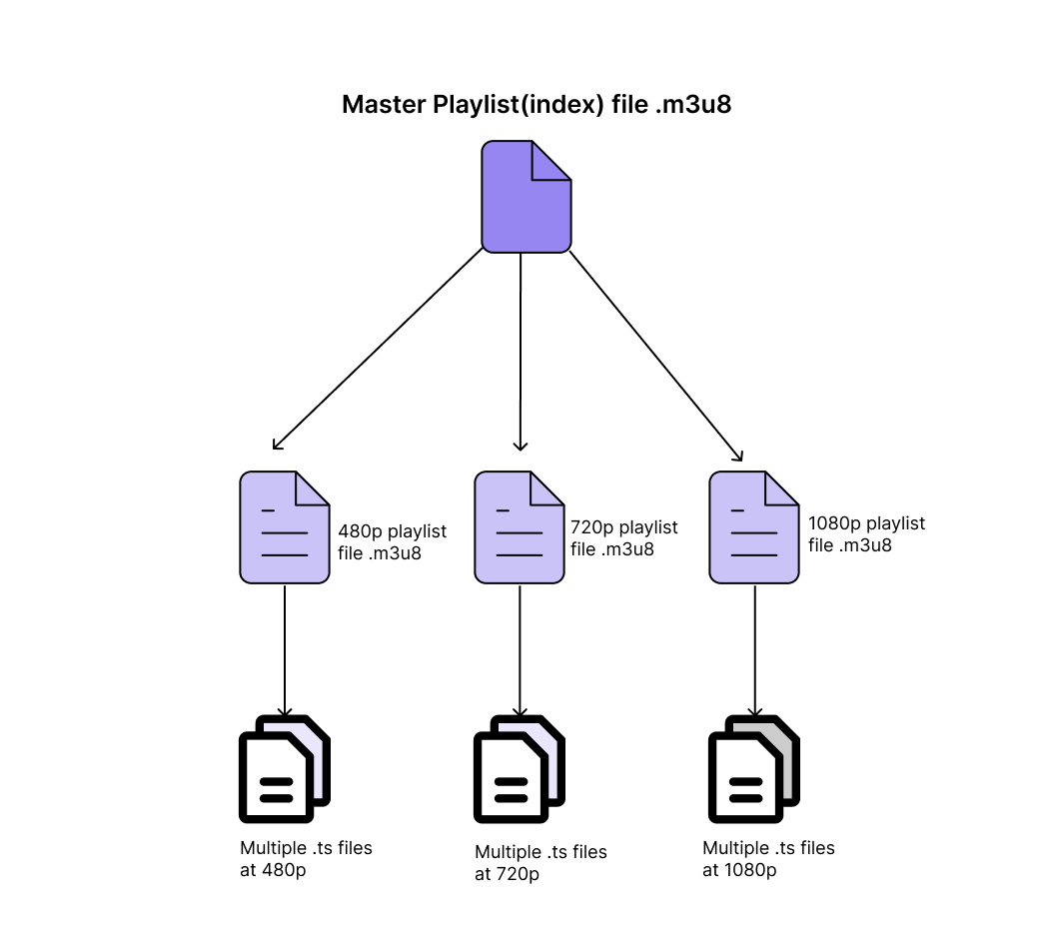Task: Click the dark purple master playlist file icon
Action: (x=526, y=197)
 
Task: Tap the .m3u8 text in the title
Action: (x=693, y=105)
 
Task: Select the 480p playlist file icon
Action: (x=284, y=527)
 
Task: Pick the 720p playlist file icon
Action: (x=519, y=527)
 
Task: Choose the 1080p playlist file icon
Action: (x=753, y=527)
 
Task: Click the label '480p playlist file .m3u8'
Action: (x=392, y=540)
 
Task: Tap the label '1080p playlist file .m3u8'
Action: (x=865, y=534)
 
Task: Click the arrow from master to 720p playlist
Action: (x=520, y=350)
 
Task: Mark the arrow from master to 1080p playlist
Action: (x=655, y=355)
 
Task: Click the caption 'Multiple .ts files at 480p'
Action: (x=305, y=858)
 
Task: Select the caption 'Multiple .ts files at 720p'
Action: (x=539, y=863)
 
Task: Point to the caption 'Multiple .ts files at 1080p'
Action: (x=767, y=859)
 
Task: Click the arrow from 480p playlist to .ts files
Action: (x=285, y=649)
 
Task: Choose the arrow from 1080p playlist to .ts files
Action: (x=754, y=649)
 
